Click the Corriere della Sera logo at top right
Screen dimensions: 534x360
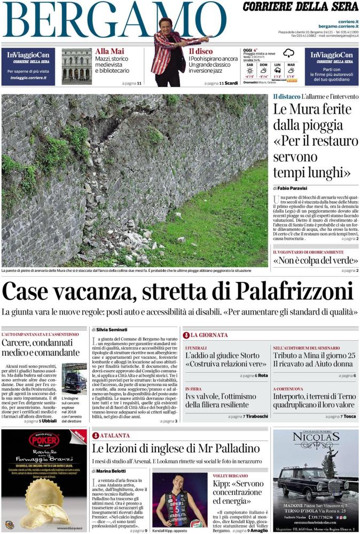[x=301, y=7]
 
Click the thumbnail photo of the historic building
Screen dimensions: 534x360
[x=76, y=66]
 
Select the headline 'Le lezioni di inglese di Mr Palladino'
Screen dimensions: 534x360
[x=176, y=449]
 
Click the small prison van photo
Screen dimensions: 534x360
[x=74, y=378]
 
